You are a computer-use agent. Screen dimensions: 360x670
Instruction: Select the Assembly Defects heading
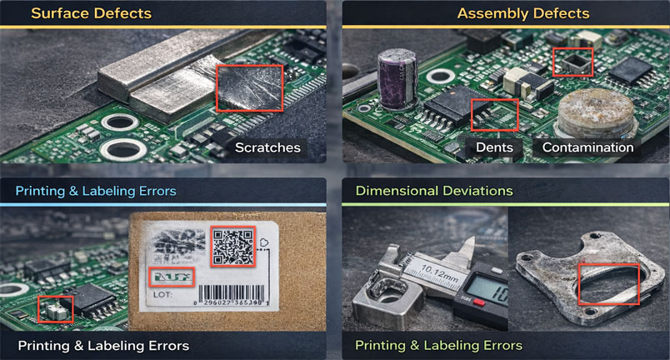click(x=523, y=13)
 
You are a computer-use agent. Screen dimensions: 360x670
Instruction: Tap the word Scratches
click(x=267, y=147)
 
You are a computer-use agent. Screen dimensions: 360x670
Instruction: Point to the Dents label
click(x=493, y=147)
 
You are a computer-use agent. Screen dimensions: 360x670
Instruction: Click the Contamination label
click(x=587, y=147)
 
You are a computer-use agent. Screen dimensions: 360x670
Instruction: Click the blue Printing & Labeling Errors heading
click(x=96, y=191)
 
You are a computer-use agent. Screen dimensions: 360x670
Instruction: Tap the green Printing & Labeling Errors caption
click(x=438, y=345)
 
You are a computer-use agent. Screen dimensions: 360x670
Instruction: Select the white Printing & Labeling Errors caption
click(x=103, y=345)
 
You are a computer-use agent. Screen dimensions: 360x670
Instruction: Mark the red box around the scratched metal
click(x=249, y=87)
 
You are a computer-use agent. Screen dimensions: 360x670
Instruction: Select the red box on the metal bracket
click(x=608, y=283)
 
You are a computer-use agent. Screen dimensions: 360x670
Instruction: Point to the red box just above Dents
click(x=494, y=114)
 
